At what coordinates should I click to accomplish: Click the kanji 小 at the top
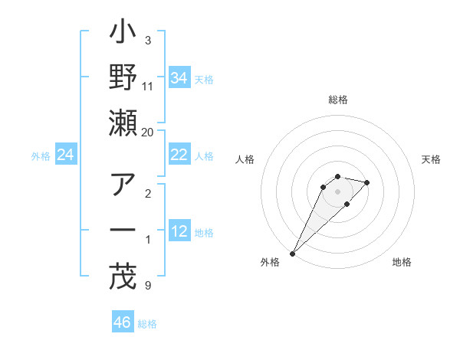(123, 37)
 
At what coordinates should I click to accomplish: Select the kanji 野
(123, 80)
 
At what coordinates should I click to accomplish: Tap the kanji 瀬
(123, 123)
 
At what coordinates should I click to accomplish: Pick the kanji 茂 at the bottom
(123, 277)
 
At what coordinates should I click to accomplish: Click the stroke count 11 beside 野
(148, 87)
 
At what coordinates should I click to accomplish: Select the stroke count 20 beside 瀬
(148, 132)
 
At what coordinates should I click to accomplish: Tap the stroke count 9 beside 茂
(148, 286)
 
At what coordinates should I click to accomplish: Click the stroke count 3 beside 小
(148, 40)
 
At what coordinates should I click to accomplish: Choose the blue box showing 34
(179, 78)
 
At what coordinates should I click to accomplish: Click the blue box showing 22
(179, 155)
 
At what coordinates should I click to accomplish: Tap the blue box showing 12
(179, 231)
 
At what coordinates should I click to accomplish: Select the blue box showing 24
(65, 155)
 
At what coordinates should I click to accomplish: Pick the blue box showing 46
(123, 322)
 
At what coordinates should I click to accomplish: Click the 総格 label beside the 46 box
(147, 324)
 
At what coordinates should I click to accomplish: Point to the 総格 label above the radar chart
(337, 100)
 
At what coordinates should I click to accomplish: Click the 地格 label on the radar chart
(402, 262)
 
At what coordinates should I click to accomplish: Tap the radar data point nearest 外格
(293, 254)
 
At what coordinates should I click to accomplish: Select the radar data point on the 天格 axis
(367, 182)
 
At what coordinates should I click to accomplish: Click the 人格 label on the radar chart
(245, 159)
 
